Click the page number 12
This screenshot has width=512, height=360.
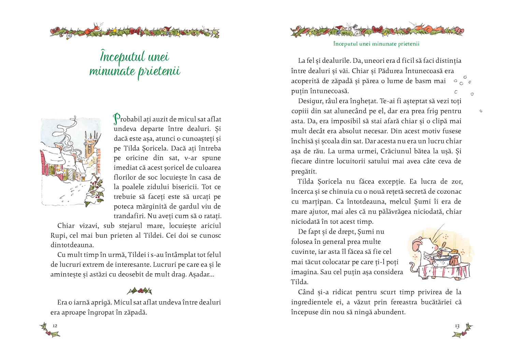pyautogui.click(x=55, y=326)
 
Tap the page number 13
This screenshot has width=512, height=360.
pyautogui.click(x=457, y=326)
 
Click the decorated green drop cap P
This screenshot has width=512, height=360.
pyautogui.click(x=117, y=119)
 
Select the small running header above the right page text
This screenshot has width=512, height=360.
pyautogui.click(x=376, y=44)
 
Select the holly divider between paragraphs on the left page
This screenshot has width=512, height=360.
pyautogui.click(x=139, y=291)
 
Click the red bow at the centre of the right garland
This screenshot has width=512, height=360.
pyautogui.click(x=378, y=30)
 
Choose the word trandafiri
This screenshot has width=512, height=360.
pyautogui.click(x=129, y=216)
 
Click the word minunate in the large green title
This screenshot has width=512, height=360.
pyautogui.click(x=112, y=71)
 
